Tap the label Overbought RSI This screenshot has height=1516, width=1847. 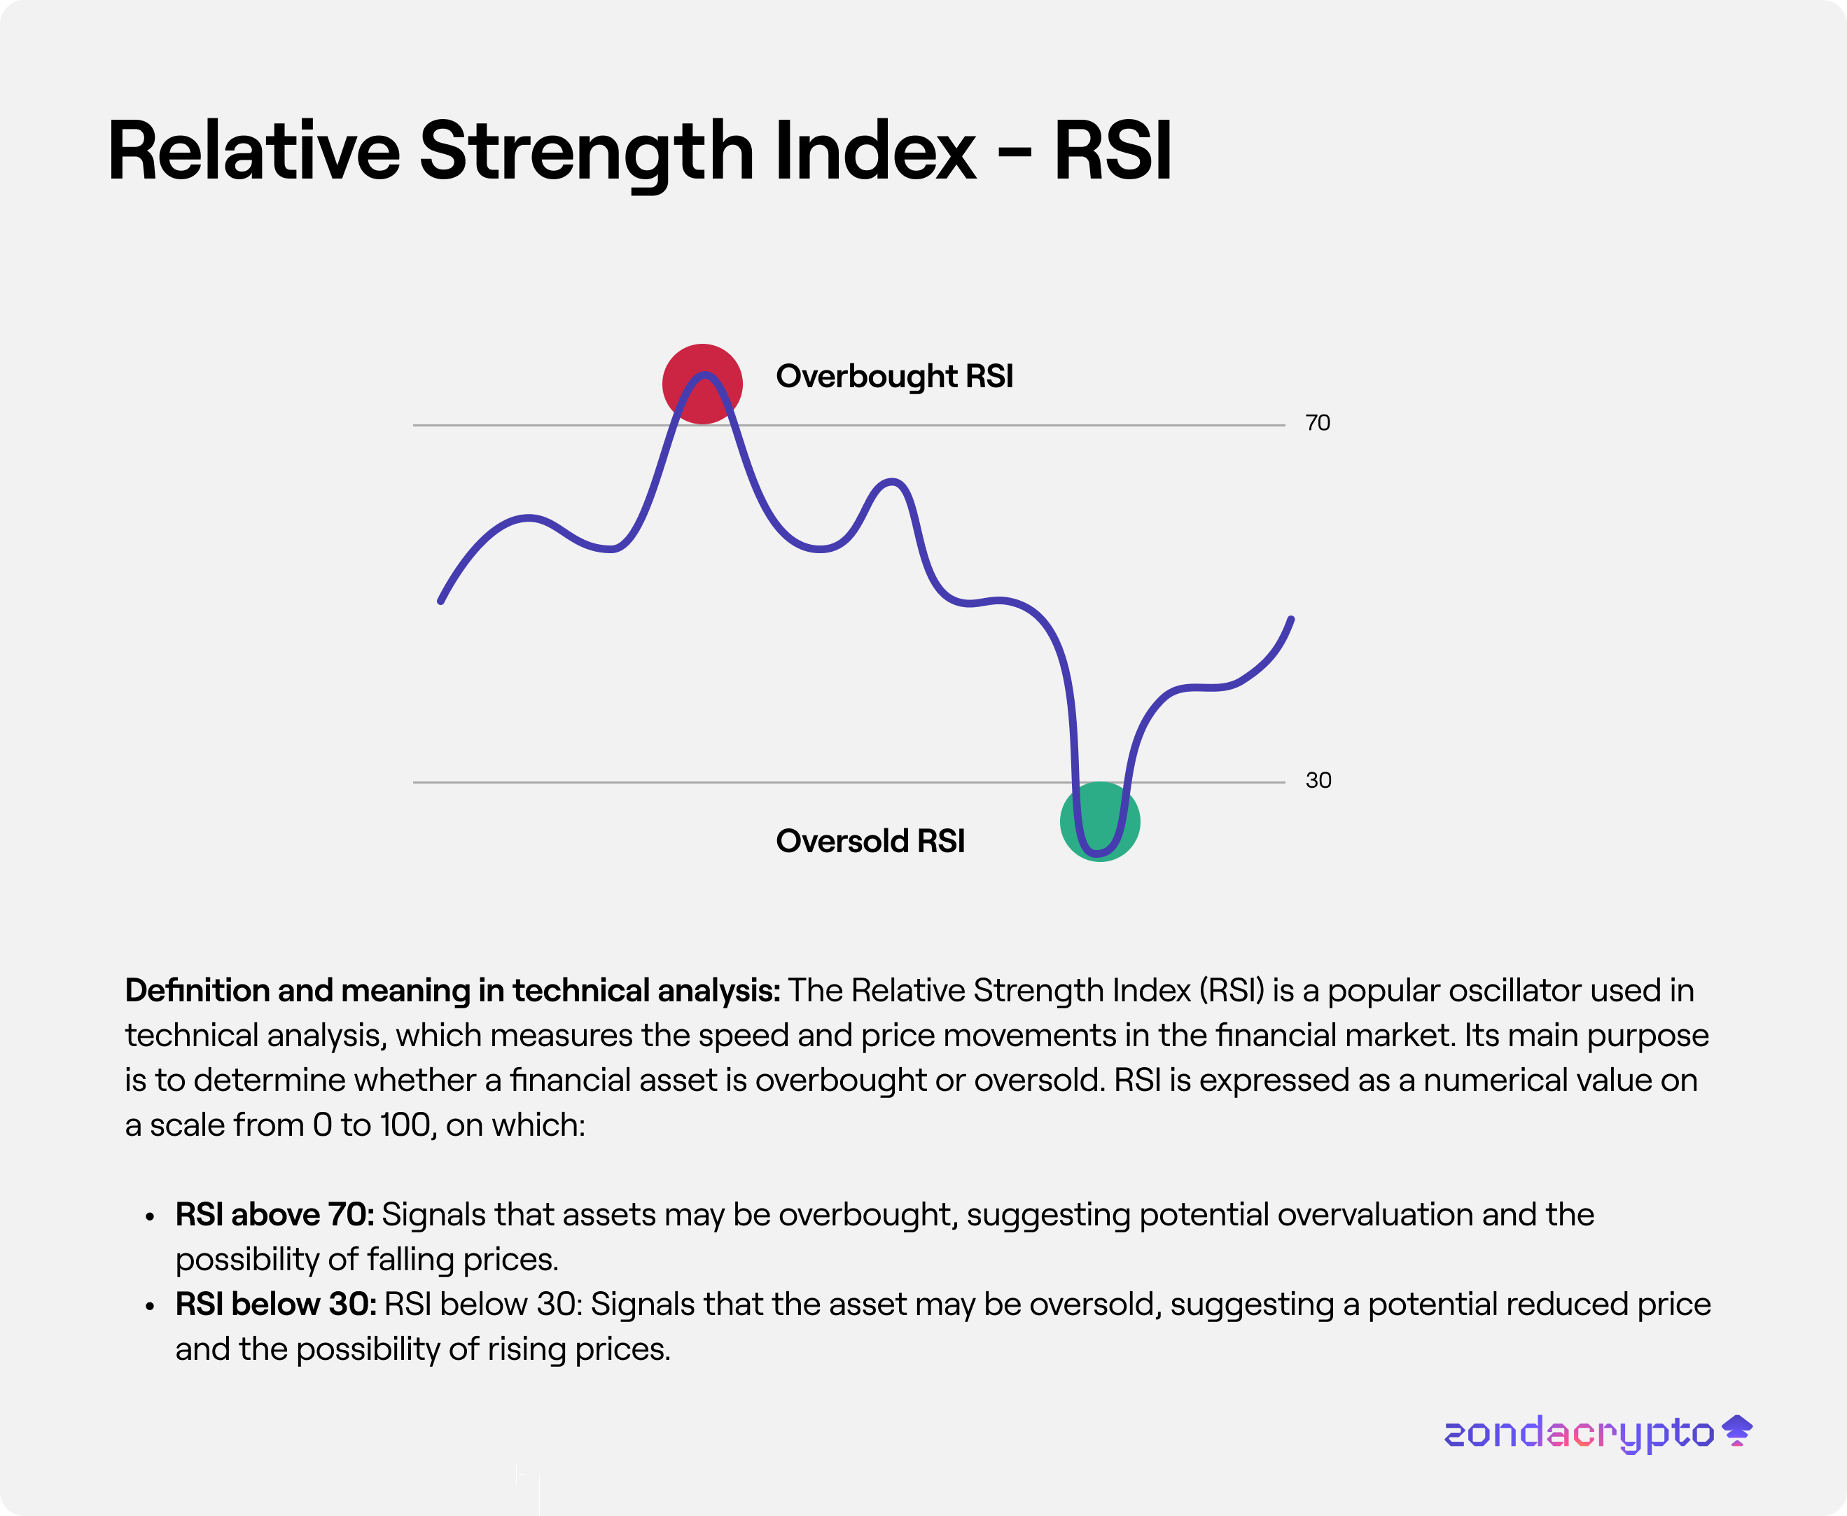[x=894, y=377]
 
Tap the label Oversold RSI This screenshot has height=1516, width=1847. [x=870, y=841]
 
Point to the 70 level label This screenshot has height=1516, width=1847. [x=1317, y=424]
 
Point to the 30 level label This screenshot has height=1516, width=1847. [x=1318, y=781]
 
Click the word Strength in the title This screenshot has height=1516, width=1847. [x=586, y=152]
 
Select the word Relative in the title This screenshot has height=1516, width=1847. [x=253, y=152]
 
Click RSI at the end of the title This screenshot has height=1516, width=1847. [x=1112, y=152]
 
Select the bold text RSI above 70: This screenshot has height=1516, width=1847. [x=274, y=1215]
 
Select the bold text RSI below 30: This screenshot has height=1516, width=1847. [x=276, y=1305]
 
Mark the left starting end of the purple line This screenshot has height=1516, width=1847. [x=441, y=601]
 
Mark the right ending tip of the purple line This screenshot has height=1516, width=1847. [x=1290, y=619]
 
